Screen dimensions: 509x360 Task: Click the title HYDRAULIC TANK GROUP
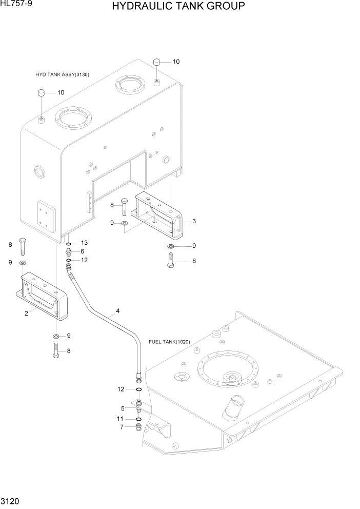point(177,7)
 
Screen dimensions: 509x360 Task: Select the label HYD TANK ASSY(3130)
point(62,74)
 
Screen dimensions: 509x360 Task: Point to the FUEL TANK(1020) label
point(169,342)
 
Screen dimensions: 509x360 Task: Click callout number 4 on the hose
point(117,311)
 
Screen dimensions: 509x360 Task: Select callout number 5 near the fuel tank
point(123,409)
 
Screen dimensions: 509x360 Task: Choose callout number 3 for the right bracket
point(194,221)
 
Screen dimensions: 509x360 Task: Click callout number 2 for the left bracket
point(26,314)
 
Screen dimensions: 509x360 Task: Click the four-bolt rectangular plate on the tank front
point(46,216)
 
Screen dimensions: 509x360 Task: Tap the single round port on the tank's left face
point(37,172)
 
